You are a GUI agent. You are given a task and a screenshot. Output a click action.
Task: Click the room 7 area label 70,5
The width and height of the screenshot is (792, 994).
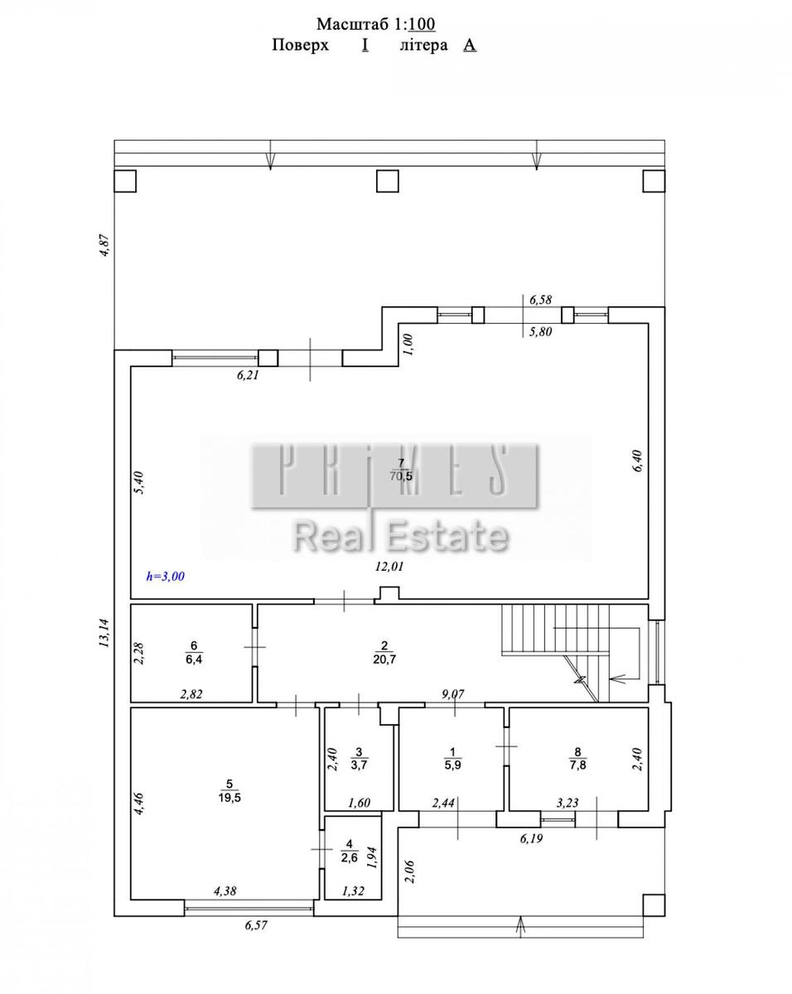[x=401, y=476]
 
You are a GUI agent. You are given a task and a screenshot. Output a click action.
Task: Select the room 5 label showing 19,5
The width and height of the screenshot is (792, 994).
[x=229, y=798]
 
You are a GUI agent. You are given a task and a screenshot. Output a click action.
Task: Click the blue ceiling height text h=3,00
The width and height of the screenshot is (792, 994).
[x=166, y=576]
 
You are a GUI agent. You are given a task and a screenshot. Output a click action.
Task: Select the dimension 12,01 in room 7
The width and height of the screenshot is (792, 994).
[x=389, y=566]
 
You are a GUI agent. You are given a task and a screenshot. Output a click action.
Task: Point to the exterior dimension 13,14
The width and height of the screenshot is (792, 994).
[x=104, y=633]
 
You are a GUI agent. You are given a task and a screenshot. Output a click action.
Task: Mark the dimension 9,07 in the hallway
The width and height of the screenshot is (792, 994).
[x=453, y=693]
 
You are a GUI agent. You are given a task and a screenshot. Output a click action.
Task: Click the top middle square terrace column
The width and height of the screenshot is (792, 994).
[x=387, y=181]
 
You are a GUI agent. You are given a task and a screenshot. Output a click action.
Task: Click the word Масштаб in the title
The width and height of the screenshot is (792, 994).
[x=353, y=25]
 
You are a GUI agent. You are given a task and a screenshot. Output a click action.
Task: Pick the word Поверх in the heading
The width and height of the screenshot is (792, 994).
[x=301, y=46]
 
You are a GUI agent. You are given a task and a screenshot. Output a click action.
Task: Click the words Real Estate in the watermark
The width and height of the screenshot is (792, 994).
[x=401, y=538]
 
